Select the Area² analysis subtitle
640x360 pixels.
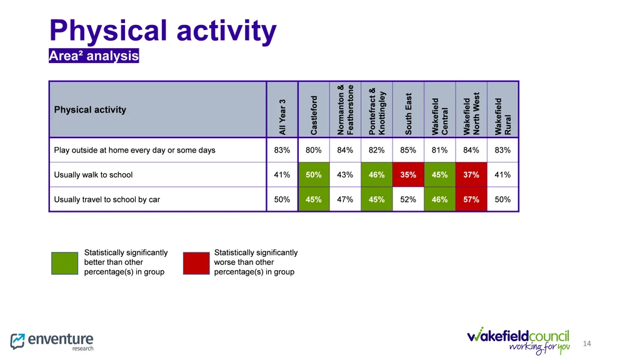94,56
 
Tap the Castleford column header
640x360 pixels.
314,114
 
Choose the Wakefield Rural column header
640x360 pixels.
502,116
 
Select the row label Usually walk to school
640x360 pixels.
94,175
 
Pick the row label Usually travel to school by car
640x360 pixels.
107,199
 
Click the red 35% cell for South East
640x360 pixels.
408,175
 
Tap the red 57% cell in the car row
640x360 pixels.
471,199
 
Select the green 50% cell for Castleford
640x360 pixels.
314,175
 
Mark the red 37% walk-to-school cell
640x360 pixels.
471,175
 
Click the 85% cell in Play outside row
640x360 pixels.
408,150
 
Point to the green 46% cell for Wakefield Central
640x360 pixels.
439,199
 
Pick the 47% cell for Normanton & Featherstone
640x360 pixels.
345,199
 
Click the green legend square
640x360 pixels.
64,262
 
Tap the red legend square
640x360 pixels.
196,262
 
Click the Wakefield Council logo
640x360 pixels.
518,339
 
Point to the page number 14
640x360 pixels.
586,344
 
